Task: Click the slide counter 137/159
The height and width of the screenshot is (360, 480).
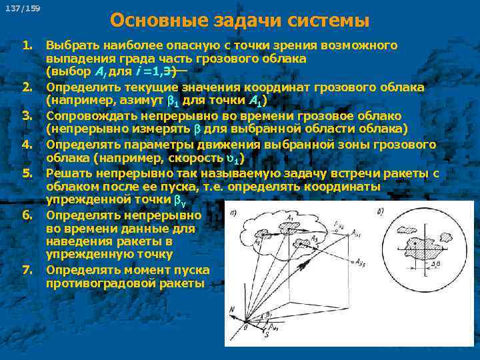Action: coord(22,9)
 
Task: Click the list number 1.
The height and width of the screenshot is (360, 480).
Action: coord(27,45)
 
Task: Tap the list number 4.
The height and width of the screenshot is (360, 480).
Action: coord(27,144)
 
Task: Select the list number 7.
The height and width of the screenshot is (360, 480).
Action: coord(27,269)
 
